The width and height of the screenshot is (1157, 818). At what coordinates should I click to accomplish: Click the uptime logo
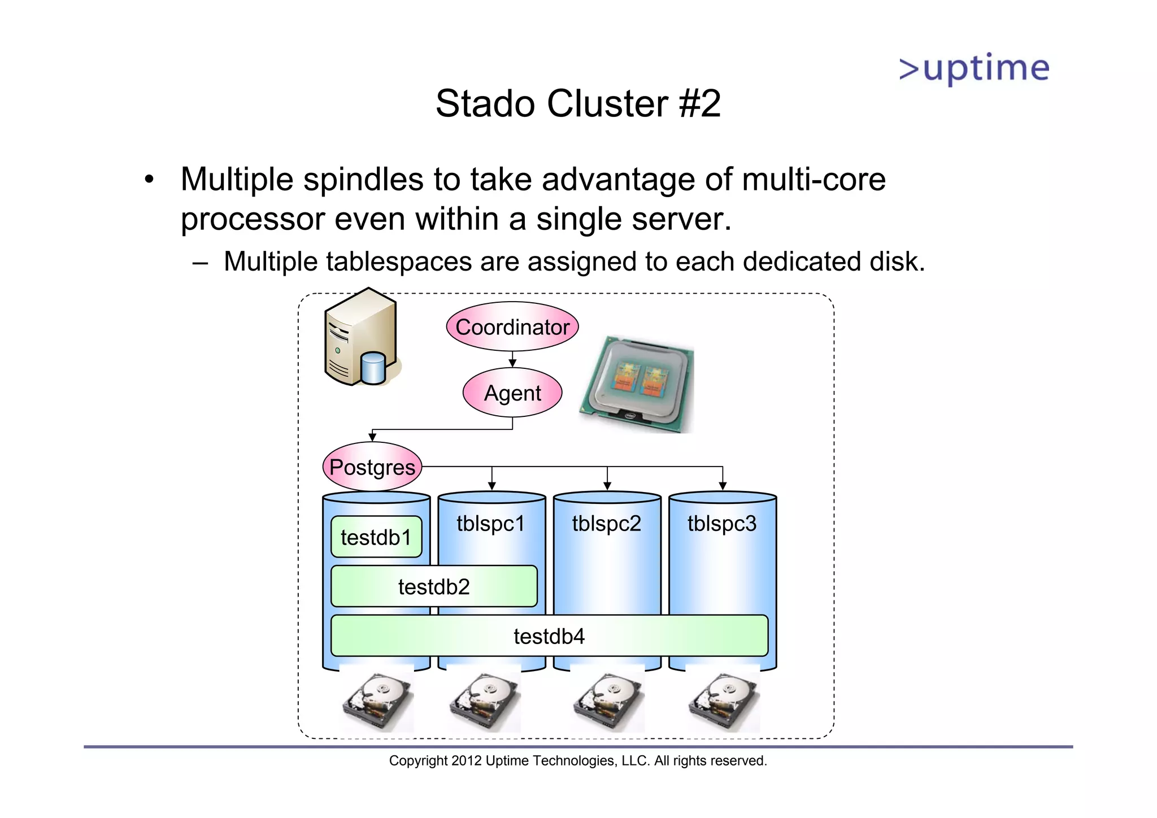tap(974, 69)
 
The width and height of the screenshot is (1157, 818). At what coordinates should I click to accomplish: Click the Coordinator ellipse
tap(512, 327)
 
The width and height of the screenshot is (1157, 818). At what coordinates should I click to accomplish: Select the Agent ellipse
tap(512, 393)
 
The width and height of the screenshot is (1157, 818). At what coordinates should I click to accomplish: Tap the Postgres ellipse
tap(372, 467)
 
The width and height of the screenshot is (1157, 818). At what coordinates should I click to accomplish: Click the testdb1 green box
tap(376, 537)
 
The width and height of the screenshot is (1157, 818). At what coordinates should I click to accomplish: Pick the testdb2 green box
tap(433, 586)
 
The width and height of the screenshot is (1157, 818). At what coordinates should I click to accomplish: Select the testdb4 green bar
tap(549, 636)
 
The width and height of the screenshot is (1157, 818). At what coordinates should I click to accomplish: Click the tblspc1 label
tap(490, 523)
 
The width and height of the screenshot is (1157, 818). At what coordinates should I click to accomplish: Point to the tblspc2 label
tap(606, 523)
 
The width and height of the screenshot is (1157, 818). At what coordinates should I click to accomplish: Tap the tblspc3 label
tap(721, 523)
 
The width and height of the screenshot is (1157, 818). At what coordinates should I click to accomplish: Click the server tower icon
tap(360, 338)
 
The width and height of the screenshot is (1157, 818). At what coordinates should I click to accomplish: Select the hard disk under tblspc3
tap(723, 700)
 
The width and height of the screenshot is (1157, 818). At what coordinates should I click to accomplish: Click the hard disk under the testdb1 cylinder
tap(377, 700)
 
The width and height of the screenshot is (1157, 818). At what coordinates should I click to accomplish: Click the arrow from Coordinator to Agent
tap(512, 359)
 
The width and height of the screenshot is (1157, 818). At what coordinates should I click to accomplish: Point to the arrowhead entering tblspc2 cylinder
tap(607, 486)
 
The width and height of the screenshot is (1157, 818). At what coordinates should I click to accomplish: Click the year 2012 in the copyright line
tap(466, 761)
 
